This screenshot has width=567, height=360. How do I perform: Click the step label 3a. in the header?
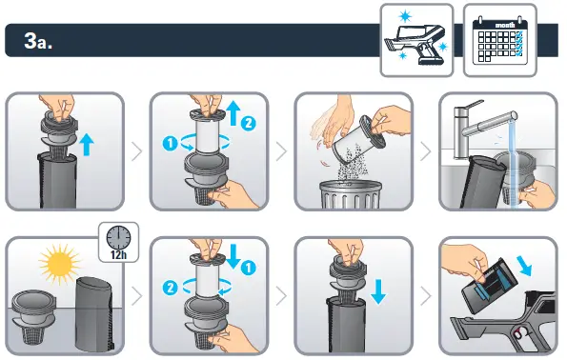tap(38, 41)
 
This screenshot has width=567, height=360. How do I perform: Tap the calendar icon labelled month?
tap(500, 41)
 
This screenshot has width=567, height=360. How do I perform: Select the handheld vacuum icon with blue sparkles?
tap(416, 41)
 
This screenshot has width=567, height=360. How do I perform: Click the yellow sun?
tap(59, 263)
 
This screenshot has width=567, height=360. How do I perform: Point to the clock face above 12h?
tap(118, 237)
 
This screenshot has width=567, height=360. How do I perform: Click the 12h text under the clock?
tap(118, 254)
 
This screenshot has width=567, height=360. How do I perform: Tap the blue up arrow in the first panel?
tap(87, 144)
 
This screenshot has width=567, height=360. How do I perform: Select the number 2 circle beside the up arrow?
tap(248, 123)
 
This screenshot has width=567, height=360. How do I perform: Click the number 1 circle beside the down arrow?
tap(248, 268)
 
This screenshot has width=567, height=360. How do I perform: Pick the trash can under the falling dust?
tap(351, 195)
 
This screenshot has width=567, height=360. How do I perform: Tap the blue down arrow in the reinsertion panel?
tap(378, 291)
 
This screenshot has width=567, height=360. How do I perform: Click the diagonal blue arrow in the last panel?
tap(524, 266)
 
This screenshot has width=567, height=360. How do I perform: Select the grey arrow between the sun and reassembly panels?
tap(136, 296)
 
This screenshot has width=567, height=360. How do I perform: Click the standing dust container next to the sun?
tap(94, 313)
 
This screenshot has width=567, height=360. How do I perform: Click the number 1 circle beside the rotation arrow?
tap(170, 144)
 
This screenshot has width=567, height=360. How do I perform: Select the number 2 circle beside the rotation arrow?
tap(170, 288)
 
